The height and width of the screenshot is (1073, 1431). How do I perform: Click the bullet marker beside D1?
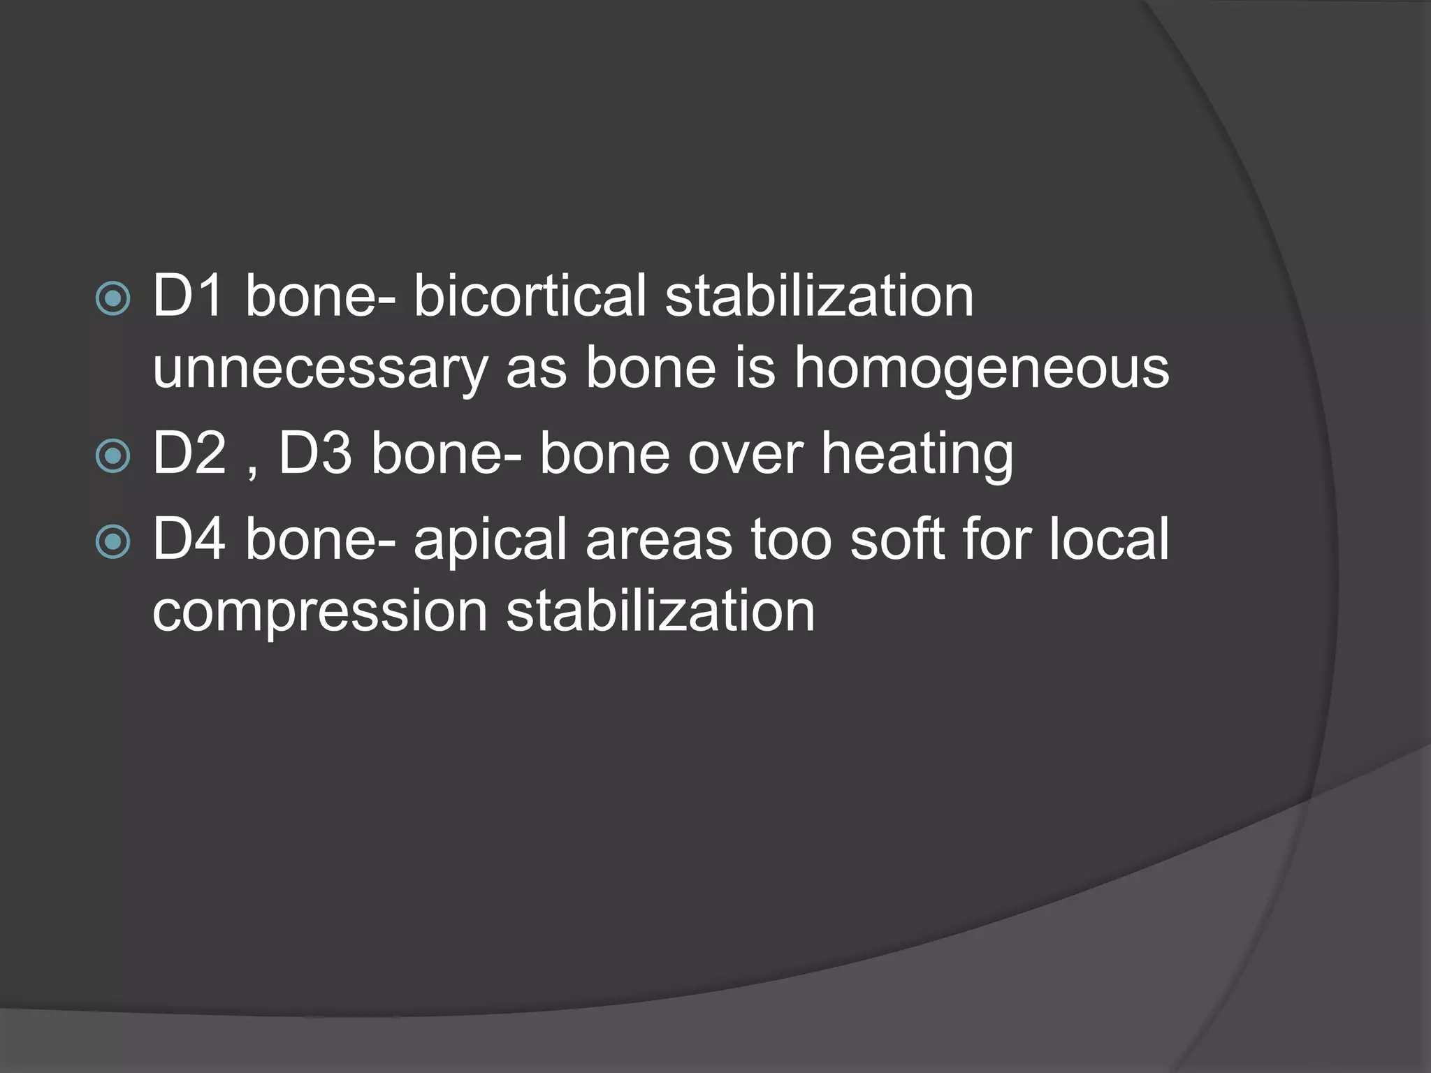pyautogui.click(x=112, y=299)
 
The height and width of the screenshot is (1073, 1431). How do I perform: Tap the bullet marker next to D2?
pyautogui.click(x=112, y=456)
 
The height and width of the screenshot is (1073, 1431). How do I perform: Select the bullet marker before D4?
pyautogui.click(x=112, y=541)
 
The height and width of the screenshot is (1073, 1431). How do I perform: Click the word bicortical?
pyautogui.click(x=530, y=296)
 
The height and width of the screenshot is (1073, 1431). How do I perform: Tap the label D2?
pyautogui.click(x=189, y=454)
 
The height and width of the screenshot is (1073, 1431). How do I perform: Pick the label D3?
pyautogui.click(x=315, y=454)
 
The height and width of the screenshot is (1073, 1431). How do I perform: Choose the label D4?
pyautogui.click(x=189, y=539)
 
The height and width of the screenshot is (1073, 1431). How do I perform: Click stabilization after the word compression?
pyautogui.click(x=660, y=611)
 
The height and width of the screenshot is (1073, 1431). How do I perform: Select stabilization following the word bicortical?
pyautogui.click(x=819, y=296)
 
